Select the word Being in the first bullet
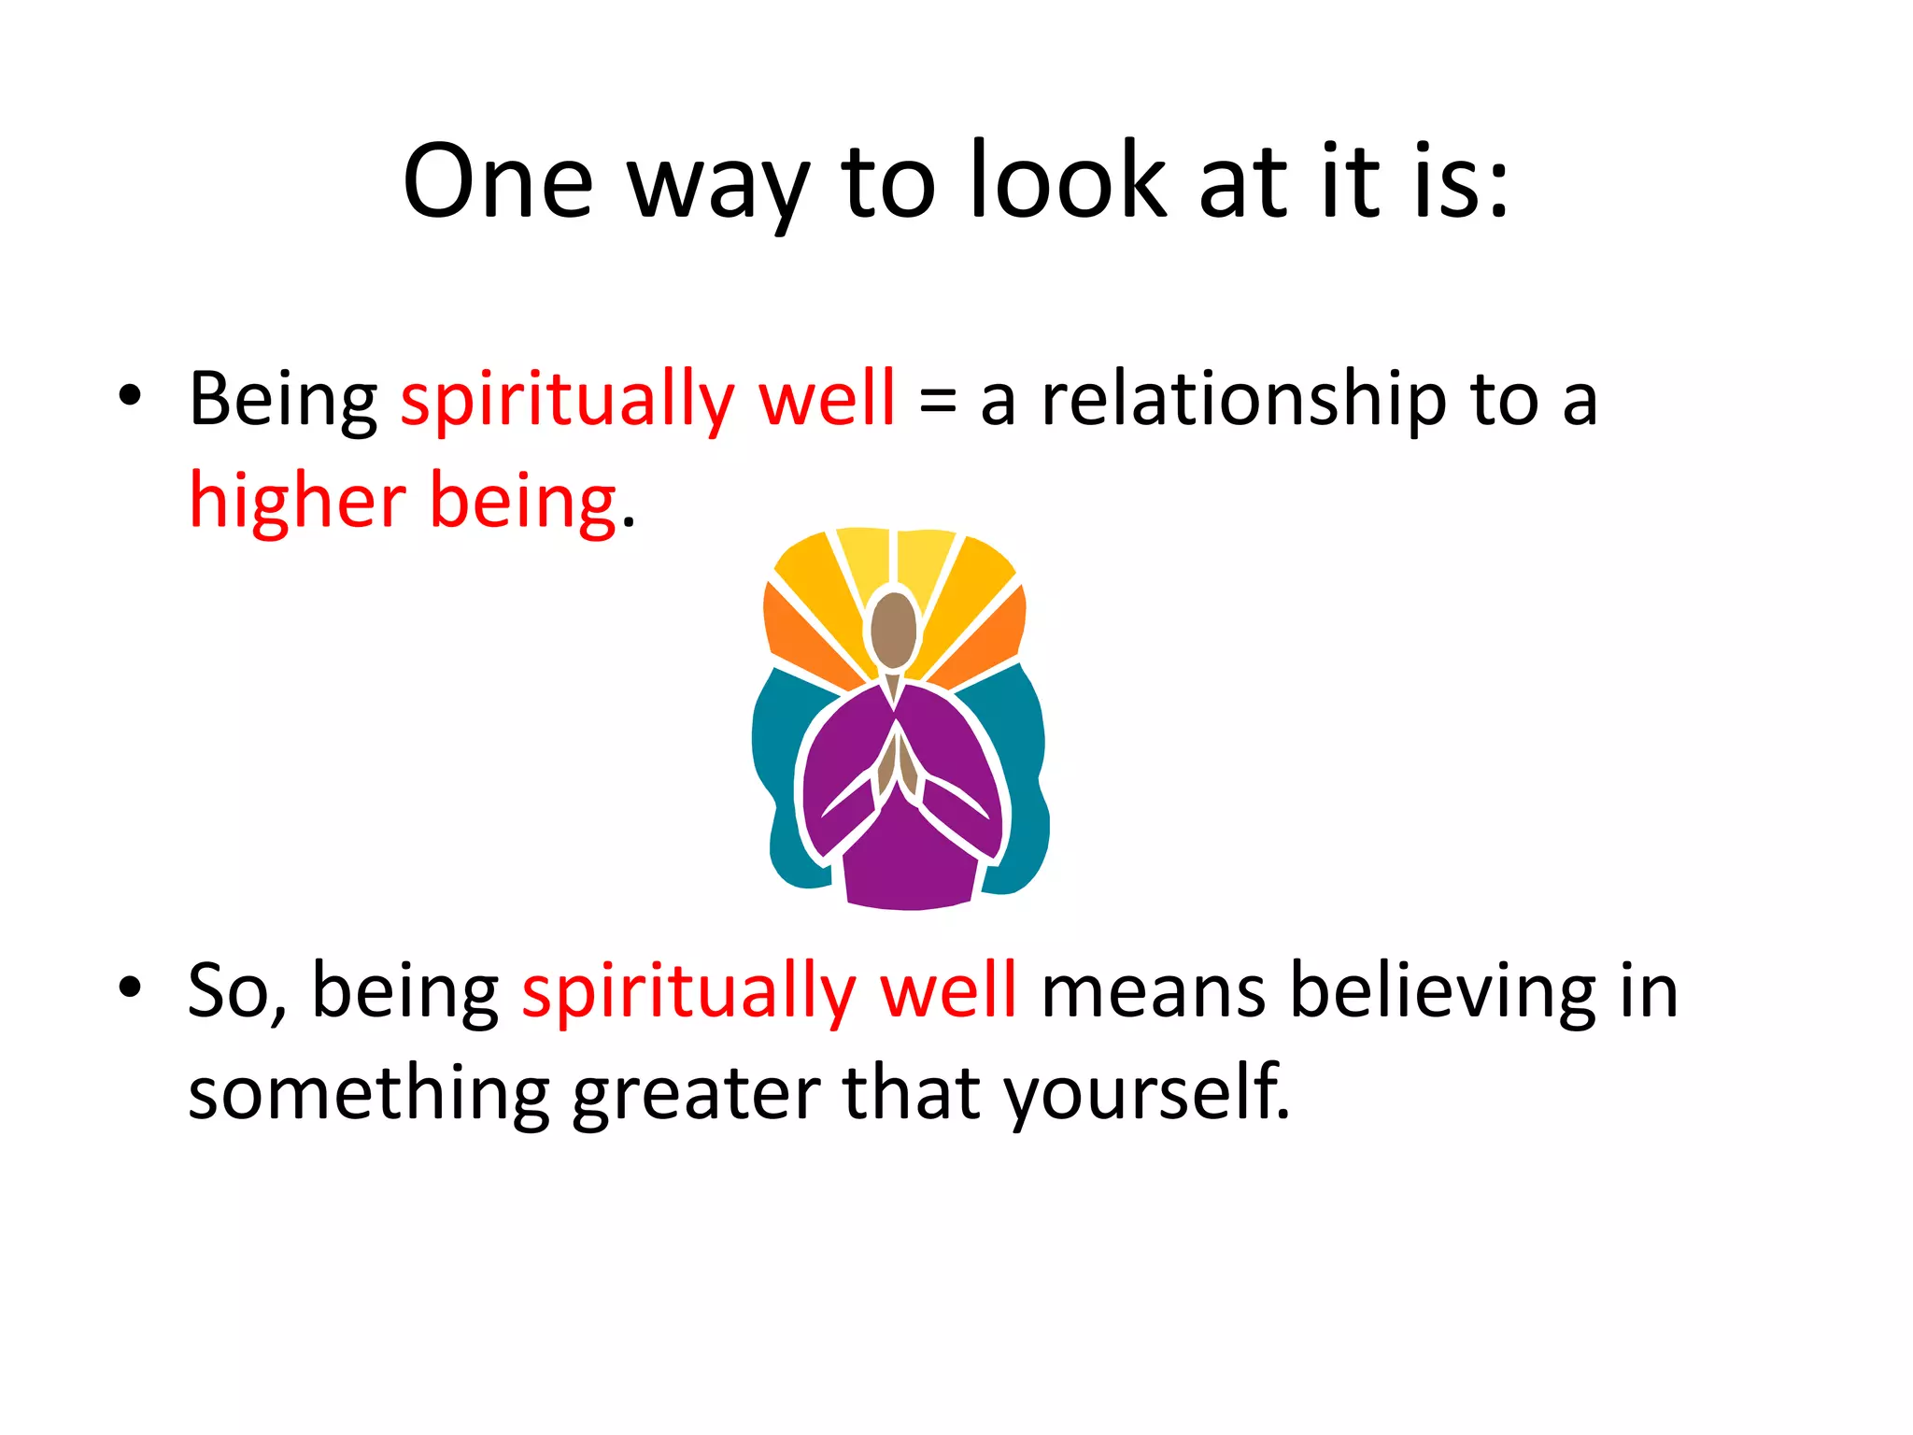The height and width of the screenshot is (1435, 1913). (x=282, y=400)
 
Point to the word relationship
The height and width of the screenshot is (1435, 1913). (x=1243, y=400)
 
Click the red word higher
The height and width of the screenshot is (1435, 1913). (x=297, y=501)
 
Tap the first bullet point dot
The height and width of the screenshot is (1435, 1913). (x=130, y=395)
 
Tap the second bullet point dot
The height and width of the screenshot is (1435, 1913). (x=130, y=987)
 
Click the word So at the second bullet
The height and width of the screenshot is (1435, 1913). (x=227, y=990)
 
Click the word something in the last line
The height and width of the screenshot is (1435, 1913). (x=369, y=1093)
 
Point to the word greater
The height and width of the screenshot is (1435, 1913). (x=696, y=1093)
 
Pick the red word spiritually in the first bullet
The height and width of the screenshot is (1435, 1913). (x=568, y=400)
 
